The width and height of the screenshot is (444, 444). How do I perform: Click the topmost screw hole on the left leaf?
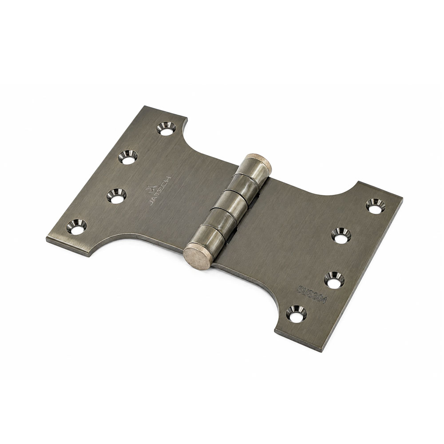click(166, 129)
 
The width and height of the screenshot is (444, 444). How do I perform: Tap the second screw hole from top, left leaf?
click(128, 157)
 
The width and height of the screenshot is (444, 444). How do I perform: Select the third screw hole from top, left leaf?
click(116, 196)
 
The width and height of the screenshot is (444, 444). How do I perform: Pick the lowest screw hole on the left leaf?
click(76, 227)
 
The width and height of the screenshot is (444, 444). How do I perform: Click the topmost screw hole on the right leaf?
click(376, 206)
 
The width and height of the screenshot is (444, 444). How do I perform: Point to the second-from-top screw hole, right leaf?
click(341, 235)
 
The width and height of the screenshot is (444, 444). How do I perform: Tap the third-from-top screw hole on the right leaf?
click(334, 280)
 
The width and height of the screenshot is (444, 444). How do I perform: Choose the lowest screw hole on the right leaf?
click(296, 314)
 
